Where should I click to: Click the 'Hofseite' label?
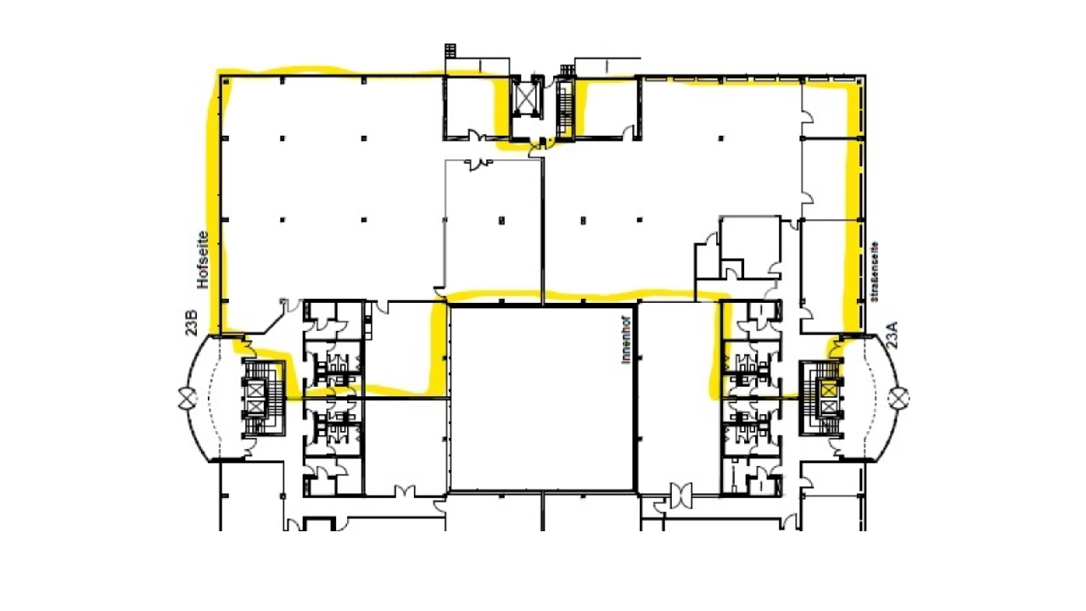(x=203, y=260)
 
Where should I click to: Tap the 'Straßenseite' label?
(x=875, y=272)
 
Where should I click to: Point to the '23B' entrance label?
(x=192, y=323)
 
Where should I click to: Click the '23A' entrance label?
(x=892, y=334)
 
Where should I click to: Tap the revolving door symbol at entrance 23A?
(x=898, y=398)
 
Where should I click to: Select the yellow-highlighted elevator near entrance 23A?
(x=828, y=389)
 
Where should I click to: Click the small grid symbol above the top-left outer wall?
(x=451, y=50)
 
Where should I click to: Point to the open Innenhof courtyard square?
(x=542, y=399)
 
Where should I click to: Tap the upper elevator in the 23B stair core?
(x=256, y=389)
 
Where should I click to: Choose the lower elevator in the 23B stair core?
(x=256, y=408)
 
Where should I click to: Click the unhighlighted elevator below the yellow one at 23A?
(x=828, y=408)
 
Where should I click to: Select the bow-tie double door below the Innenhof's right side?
(x=680, y=495)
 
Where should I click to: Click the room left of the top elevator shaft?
(x=476, y=108)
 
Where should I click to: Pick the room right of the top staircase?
(x=607, y=108)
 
